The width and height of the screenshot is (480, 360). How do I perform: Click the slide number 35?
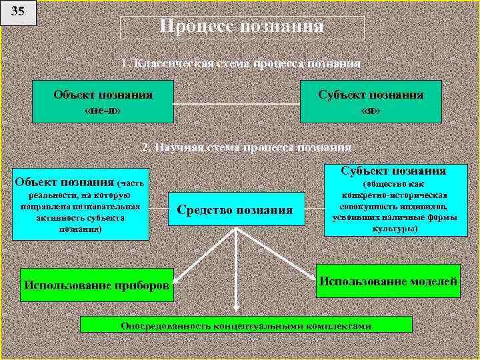[x=18, y=11]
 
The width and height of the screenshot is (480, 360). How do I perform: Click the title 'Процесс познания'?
[x=242, y=27]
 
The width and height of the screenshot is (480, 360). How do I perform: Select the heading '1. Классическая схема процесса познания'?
[x=241, y=64]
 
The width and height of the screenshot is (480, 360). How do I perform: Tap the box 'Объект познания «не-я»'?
[x=103, y=102]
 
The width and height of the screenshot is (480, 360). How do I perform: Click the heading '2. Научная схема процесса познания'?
[x=247, y=147]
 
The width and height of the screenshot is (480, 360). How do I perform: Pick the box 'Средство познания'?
[x=235, y=210]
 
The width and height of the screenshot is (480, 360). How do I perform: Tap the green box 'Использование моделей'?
[x=388, y=281]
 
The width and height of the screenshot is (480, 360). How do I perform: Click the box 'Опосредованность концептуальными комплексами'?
[x=246, y=325]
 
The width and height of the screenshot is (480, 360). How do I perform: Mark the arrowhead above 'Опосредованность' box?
[x=236, y=307]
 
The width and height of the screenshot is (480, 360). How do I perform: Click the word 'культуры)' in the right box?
[x=395, y=227]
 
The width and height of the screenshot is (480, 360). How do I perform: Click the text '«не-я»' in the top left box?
[x=103, y=110]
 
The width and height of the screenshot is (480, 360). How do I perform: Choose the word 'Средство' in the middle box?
[x=203, y=210]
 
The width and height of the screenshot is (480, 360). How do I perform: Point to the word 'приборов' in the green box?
[x=140, y=285]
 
